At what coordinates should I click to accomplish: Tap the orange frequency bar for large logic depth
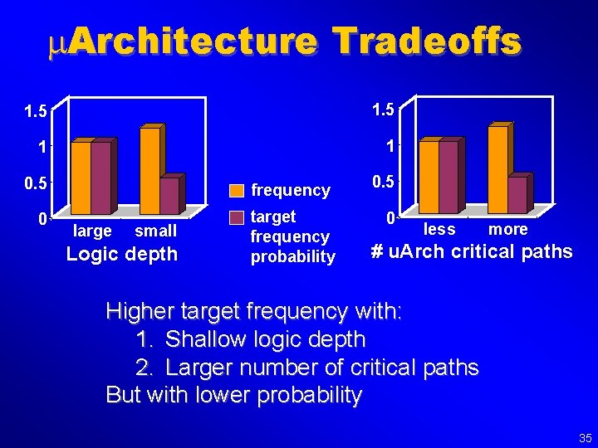pyautogui.click(x=81, y=178)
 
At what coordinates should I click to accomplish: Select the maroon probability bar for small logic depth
pyautogui.click(x=169, y=196)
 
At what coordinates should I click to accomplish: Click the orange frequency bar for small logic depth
pyautogui.click(x=149, y=171)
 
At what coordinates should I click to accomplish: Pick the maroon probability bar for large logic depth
pyautogui.click(x=100, y=178)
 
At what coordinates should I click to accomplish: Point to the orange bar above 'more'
pyautogui.click(x=498, y=169)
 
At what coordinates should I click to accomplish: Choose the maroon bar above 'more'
pyautogui.click(x=517, y=195)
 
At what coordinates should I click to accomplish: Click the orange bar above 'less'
pyautogui.click(x=429, y=177)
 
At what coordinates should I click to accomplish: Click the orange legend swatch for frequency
pyautogui.click(x=237, y=191)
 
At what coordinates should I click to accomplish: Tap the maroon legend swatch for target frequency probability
pyautogui.click(x=237, y=217)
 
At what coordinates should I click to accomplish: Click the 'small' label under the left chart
pyautogui.click(x=155, y=231)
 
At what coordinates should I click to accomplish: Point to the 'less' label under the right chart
pyautogui.click(x=439, y=229)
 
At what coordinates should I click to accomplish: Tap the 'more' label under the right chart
pyautogui.click(x=507, y=229)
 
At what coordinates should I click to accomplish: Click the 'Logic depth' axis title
pyautogui.click(x=122, y=254)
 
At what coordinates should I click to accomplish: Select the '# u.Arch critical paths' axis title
pyautogui.click(x=471, y=251)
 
